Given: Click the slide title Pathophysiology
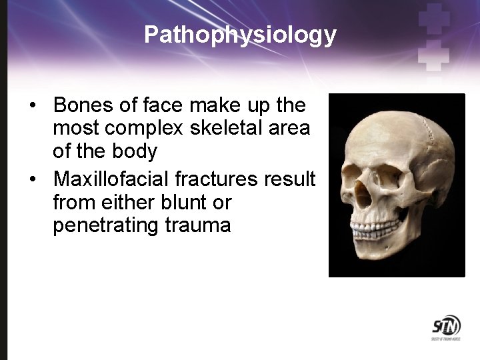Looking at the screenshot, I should click(240, 35).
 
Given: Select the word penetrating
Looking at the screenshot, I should click(105, 225).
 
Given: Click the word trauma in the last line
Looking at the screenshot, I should click(198, 225).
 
